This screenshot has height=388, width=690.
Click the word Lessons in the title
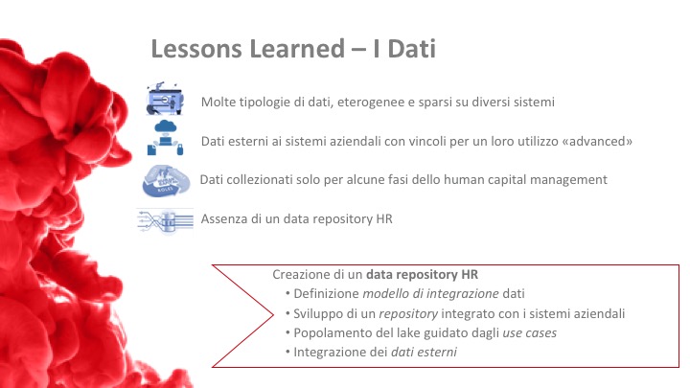[x=196, y=49]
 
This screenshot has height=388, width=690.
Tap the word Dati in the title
[x=412, y=49]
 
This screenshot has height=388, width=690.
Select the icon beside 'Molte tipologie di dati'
[x=165, y=98]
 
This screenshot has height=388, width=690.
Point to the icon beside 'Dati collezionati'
[x=166, y=180]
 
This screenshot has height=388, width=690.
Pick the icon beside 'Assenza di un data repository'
[x=165, y=220]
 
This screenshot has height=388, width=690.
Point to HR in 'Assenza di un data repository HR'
[x=384, y=218]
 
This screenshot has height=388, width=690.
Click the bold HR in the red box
[x=470, y=275]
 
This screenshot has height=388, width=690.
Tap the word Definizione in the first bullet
[x=326, y=293]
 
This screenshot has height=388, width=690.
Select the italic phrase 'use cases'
[x=529, y=333]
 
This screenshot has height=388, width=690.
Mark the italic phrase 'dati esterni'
[x=424, y=352]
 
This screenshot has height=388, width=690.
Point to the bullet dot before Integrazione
[x=287, y=353]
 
